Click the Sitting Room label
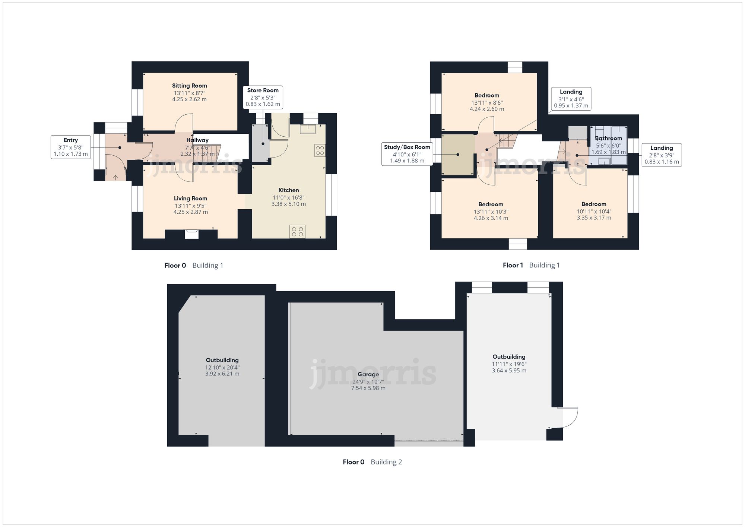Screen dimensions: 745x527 189,86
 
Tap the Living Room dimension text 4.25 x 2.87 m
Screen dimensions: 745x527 190,212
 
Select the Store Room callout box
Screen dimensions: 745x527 263,97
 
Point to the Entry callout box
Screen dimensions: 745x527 71,147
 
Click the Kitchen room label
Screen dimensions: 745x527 289,190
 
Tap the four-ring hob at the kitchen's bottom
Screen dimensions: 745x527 297,231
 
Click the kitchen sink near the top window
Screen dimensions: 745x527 308,128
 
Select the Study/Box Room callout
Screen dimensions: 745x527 407,154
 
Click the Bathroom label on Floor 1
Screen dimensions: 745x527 608,138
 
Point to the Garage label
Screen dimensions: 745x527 368,374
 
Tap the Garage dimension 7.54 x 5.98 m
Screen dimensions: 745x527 368,388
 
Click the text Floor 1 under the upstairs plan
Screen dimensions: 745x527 513,265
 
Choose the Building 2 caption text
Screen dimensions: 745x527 386,462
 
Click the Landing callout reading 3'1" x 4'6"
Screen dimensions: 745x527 571,99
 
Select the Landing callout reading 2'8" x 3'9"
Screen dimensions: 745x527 662,155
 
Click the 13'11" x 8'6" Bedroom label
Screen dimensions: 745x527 487,95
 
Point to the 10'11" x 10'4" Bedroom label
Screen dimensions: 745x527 594,204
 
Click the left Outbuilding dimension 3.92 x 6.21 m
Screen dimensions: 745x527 222,374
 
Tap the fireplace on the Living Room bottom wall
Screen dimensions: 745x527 192,234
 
